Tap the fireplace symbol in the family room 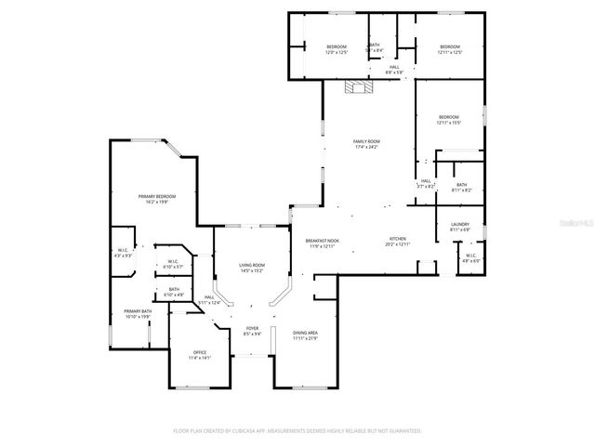click(357, 88)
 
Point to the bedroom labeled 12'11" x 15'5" click(449, 121)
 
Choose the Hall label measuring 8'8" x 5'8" click(394, 69)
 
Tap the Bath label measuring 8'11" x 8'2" click(461, 187)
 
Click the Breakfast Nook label click(322, 243)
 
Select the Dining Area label click(306, 334)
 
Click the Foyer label click(252, 331)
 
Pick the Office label click(199, 354)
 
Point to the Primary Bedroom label click(157, 198)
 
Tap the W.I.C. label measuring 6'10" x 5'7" click(173, 264)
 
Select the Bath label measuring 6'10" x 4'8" click(174, 292)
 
